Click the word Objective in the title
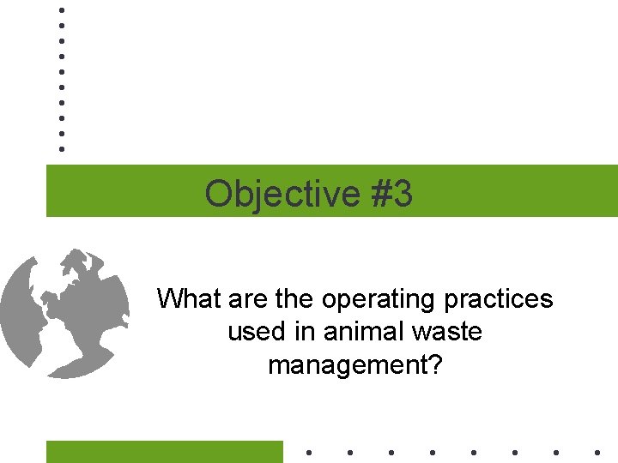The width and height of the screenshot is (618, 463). point(282,194)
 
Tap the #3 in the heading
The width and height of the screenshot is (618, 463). point(391,194)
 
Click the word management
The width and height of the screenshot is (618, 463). point(348,365)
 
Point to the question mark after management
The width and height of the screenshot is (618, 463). point(436,365)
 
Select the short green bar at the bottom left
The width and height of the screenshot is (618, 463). point(164,452)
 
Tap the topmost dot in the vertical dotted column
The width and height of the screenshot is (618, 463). point(62,10)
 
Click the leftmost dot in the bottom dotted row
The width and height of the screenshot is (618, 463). point(308,452)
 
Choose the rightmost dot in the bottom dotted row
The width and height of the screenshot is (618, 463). point(597,452)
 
